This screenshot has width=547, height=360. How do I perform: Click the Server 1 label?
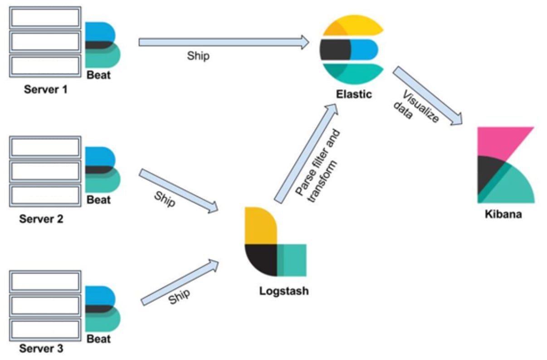tap(45, 90)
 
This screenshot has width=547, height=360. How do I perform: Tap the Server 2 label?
tap(41, 219)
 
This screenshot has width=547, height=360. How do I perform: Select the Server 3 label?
tap(41, 349)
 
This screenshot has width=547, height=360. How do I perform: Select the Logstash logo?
tap(274, 241)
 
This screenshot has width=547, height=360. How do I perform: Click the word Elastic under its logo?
tap(354, 95)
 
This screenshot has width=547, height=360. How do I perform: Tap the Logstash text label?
tap(283, 291)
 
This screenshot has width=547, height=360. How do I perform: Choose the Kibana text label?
tap(503, 213)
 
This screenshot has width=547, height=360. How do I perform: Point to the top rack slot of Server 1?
tap(45, 17)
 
